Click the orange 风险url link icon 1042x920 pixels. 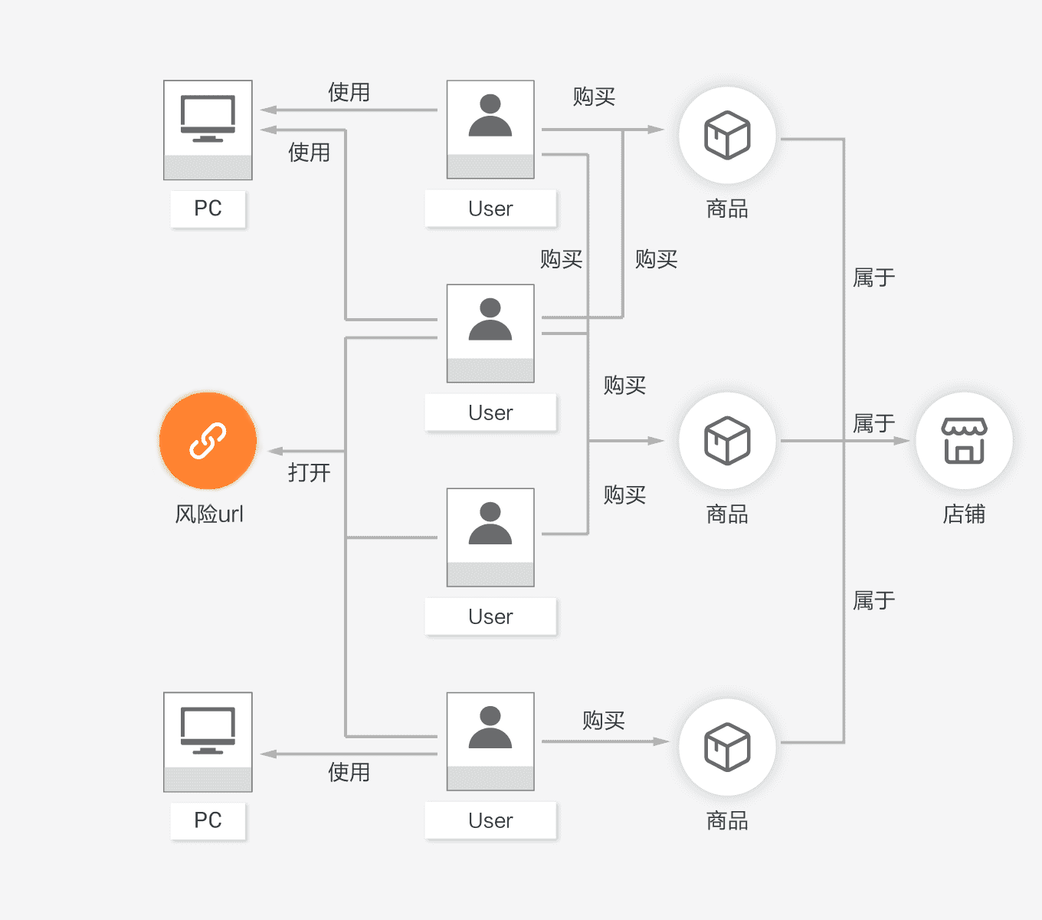pos(208,441)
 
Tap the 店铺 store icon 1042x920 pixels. pos(964,441)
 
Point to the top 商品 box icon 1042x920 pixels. pos(727,136)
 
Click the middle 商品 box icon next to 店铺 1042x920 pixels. pos(727,441)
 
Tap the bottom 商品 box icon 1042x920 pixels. pos(727,747)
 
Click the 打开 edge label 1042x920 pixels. pos(309,472)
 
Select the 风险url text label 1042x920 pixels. pos(209,514)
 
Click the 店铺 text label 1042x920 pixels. pos(964,514)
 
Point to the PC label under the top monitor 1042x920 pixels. pos(208,209)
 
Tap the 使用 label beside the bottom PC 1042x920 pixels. pos(349,772)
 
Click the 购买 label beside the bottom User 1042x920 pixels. pos(603,720)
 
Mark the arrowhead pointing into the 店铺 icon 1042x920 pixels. pos(903,441)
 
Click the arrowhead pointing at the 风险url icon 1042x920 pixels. pos(275,451)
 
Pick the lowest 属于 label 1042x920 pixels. pos(873,600)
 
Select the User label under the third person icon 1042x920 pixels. pos(490,616)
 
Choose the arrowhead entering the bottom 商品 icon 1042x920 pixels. pos(661,741)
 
